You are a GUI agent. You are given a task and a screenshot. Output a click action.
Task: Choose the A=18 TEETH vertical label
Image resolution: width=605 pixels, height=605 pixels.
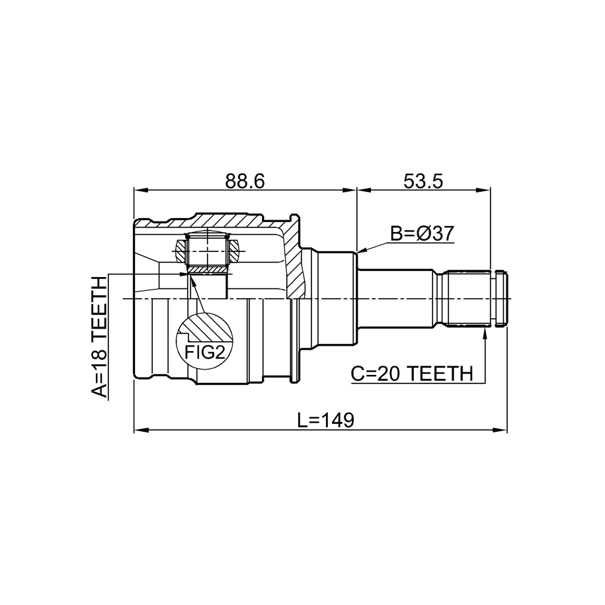point(99,337)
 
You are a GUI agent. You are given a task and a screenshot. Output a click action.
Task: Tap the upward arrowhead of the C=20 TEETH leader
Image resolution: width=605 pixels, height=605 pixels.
point(485,334)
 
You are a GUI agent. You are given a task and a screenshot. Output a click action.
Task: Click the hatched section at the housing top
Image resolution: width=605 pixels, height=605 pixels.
point(231,220)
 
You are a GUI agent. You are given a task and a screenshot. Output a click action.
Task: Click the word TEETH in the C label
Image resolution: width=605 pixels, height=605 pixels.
point(438,374)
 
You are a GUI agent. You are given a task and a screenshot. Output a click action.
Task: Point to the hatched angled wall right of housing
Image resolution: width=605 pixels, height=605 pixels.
point(295,258)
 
